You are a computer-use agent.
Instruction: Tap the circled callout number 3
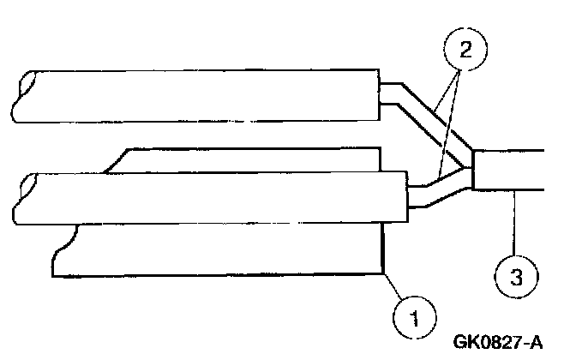pyautogui.click(x=515, y=275)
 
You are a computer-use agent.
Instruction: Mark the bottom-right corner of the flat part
pyautogui.click(x=382, y=273)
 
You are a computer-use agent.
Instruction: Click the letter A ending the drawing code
pyautogui.click(x=537, y=343)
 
